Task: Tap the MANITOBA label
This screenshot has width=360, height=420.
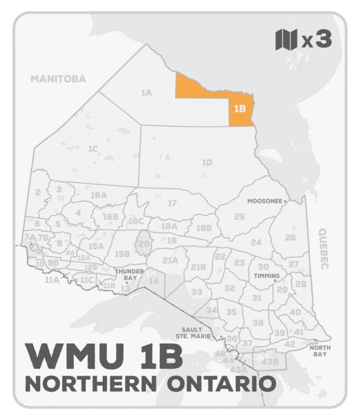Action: [59, 79]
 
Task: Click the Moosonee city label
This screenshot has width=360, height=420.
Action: [265, 202]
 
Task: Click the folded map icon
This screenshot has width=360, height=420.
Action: [286, 40]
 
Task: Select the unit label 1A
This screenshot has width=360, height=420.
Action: [146, 92]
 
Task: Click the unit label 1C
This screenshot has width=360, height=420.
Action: [92, 148]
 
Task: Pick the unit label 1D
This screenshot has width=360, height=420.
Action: [207, 162]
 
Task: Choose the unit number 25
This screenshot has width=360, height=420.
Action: [239, 216]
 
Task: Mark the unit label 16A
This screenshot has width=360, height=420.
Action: [98, 196]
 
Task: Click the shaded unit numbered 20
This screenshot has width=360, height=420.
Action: [144, 244]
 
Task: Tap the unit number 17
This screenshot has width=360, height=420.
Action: [172, 203]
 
